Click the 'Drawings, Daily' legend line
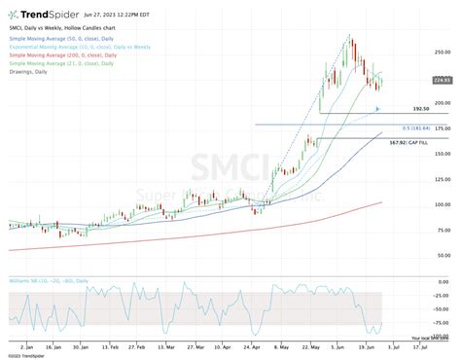click(28, 71)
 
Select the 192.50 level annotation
click(419, 110)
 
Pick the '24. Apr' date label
click(256, 345)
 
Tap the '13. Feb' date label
click(111, 345)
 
